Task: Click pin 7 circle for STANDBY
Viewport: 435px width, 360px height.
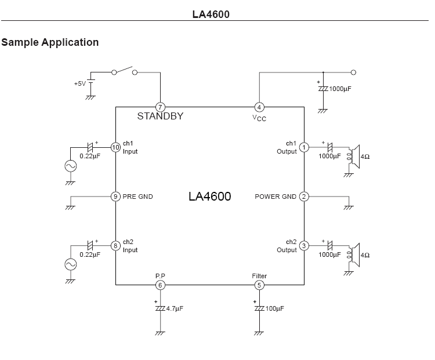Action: click(x=160, y=107)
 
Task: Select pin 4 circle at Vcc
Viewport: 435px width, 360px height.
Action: click(x=259, y=107)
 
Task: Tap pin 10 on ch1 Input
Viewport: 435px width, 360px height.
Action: click(x=115, y=147)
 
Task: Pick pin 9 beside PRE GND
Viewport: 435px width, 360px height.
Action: click(x=115, y=197)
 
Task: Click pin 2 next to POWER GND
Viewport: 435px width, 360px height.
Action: click(x=304, y=197)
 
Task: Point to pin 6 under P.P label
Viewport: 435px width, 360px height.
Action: click(x=160, y=285)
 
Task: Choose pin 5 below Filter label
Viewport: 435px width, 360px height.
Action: click(x=259, y=285)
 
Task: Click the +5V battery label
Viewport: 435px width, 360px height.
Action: click(x=80, y=83)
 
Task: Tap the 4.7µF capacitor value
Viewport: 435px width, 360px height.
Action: click(x=175, y=308)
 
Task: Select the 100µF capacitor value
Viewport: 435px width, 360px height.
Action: click(x=275, y=308)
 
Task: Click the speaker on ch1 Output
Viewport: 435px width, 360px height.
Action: click(x=353, y=157)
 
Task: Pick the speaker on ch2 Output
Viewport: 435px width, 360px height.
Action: click(x=353, y=255)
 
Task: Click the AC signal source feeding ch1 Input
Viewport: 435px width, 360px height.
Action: click(x=70, y=166)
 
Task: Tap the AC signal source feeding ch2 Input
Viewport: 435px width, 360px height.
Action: click(x=70, y=264)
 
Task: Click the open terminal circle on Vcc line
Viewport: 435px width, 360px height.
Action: click(x=353, y=72)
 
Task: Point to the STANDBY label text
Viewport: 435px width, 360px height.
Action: click(x=160, y=116)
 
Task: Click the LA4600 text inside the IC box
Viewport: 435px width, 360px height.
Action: click(x=210, y=197)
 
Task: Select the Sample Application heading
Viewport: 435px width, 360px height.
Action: click(x=50, y=42)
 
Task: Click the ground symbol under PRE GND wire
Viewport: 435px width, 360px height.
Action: click(x=70, y=208)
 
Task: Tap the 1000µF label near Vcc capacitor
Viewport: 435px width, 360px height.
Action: click(x=340, y=89)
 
